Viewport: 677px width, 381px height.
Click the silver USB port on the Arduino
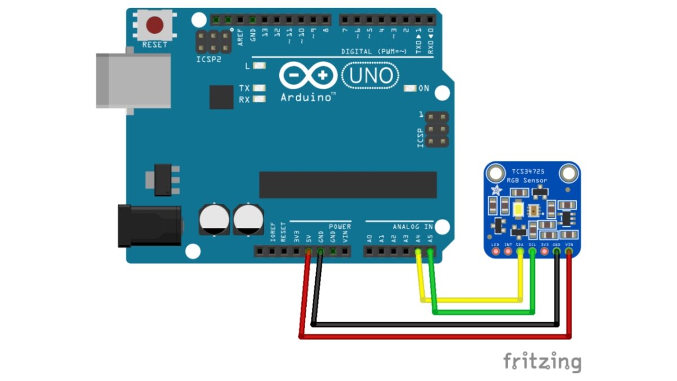coord(133,80)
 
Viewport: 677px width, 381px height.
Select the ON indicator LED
coord(410,89)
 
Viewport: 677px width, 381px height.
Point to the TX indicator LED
coord(260,89)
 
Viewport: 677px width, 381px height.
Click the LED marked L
coord(260,66)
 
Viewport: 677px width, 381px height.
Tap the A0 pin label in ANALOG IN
coord(370,237)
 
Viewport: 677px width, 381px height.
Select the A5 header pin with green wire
coord(430,251)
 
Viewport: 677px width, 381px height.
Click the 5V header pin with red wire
coord(308,251)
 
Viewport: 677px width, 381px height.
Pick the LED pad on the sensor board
coord(495,251)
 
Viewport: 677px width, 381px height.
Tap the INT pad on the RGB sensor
coord(508,251)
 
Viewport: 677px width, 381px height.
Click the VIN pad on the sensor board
coord(569,251)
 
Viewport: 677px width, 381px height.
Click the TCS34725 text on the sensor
coord(528,172)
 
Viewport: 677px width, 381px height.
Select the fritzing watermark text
coord(542,361)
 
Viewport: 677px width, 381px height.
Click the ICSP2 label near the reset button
coord(209,58)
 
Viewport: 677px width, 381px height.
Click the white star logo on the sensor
coord(496,190)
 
